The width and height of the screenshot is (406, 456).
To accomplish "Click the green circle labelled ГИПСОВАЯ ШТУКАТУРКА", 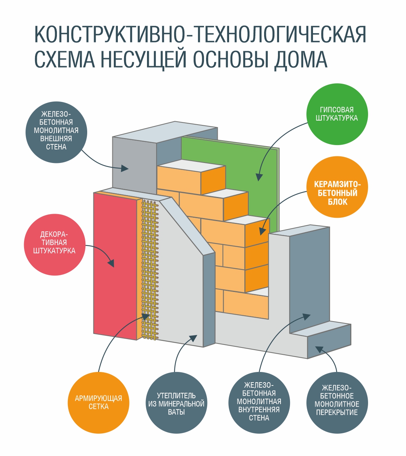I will [337, 114].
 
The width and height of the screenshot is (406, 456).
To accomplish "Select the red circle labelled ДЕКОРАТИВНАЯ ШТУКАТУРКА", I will [54, 244].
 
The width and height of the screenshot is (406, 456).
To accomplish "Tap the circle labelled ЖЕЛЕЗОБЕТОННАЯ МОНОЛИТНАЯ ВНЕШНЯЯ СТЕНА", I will [56, 132].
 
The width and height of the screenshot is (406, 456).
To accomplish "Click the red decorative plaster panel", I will [115, 267].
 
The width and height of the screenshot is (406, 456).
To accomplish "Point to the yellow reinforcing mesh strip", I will [150, 270].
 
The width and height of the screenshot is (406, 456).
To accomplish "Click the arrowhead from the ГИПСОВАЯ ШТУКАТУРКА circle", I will [259, 177].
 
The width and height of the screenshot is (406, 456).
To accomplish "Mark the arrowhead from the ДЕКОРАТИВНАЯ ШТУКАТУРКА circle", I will [111, 263].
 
